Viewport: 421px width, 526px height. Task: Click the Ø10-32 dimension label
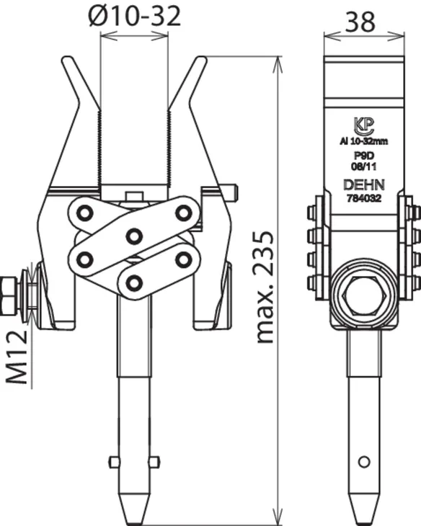coord(135,16)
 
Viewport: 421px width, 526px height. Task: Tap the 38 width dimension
coord(360,22)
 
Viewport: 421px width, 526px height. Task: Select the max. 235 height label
coord(265,287)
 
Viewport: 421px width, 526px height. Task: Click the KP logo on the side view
coord(364,126)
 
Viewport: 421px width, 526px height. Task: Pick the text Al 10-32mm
coord(364,141)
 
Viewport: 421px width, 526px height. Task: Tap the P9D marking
coord(364,156)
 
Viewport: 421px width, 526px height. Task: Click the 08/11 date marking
coord(364,166)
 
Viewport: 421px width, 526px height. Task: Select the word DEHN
coord(364,185)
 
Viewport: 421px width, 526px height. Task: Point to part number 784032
coord(364,198)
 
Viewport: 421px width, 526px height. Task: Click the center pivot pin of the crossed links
coord(134,236)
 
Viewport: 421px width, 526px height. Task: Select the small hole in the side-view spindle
coord(364,462)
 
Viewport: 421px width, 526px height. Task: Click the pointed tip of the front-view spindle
coord(134,522)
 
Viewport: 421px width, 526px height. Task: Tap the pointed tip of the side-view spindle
coord(364,522)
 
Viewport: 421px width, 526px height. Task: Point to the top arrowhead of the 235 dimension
coord(278,63)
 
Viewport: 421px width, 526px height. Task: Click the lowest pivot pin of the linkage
coord(134,282)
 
